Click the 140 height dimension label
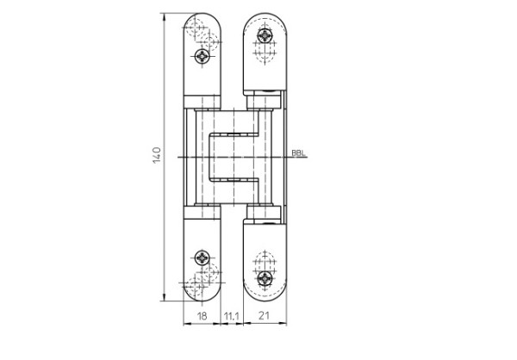(156, 156)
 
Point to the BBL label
(298, 153)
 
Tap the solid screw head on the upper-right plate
(265, 35)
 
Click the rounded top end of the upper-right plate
(264, 17)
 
